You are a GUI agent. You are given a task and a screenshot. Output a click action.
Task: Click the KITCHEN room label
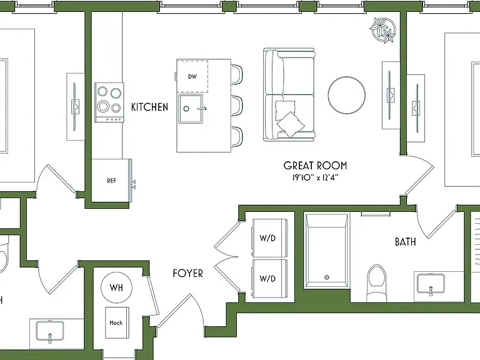pos(149,107)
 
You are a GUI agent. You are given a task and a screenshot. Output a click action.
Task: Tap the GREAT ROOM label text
pos(315,166)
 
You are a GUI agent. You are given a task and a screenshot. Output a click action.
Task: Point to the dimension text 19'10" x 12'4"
pos(316,177)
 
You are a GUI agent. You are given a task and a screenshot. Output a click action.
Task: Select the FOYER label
pos(187,273)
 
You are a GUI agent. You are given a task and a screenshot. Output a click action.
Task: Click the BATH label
pos(405,242)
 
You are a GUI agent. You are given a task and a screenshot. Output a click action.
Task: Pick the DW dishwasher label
pos(192,76)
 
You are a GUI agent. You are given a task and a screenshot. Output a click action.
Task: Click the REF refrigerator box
pos(111,181)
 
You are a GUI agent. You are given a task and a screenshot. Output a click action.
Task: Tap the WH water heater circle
pos(116,287)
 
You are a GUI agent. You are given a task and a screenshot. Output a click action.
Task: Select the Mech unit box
pos(116,322)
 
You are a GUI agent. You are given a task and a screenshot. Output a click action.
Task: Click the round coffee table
pos(346,95)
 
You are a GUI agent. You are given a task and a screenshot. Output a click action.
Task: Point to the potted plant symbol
pos(382,30)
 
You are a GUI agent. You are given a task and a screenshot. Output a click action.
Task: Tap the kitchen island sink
pos(191,109)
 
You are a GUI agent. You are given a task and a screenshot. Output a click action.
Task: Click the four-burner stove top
pos(109,102)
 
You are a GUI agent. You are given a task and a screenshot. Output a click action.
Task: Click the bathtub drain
pos(327,277)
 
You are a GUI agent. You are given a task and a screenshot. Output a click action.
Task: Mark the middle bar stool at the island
pos(237,106)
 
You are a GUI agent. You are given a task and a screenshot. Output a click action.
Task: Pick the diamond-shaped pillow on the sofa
pos(291,124)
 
